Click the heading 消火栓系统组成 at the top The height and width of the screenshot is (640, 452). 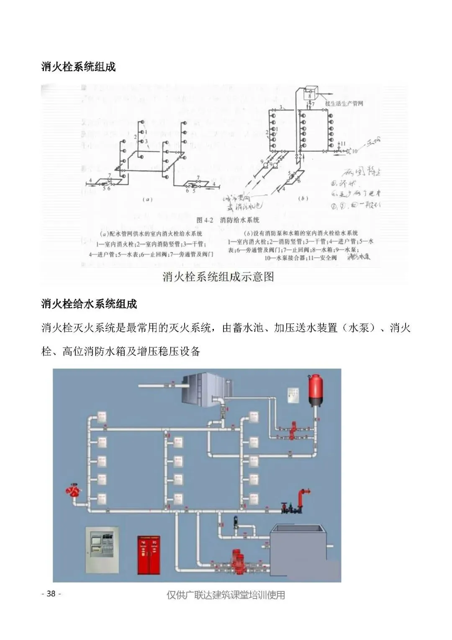pos(79,67)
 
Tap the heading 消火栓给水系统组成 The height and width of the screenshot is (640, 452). pos(89,304)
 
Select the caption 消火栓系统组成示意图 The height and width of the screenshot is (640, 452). pos(218,277)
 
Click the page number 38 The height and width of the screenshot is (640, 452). pos(51,593)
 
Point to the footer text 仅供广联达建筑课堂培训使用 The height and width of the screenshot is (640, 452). pos(226,595)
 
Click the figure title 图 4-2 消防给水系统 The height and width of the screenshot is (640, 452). pos(228,220)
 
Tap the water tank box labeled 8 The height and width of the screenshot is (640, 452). pos(310,93)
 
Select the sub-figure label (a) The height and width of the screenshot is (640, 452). pos(147,199)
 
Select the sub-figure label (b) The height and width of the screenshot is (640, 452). pos(303,198)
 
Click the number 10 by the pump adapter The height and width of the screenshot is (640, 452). pos(354,151)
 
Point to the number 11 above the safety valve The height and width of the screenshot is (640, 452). pos(343,143)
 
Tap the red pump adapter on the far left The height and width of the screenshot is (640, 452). pos(74,490)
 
